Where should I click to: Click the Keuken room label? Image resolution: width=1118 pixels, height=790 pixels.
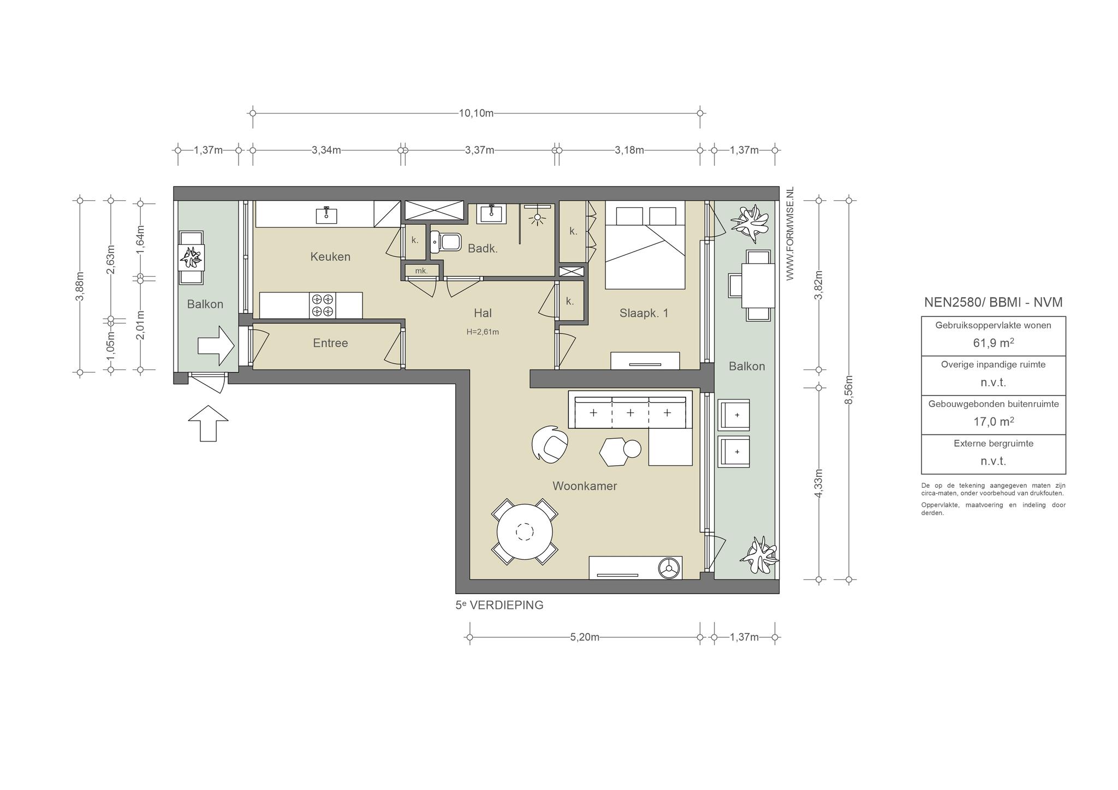(330, 256)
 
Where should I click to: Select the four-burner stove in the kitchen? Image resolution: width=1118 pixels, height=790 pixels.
(322, 306)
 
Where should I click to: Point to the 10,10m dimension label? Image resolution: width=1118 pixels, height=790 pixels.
(476, 113)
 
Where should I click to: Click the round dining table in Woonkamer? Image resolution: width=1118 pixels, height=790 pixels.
(525, 531)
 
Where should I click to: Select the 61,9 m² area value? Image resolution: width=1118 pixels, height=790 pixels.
(994, 343)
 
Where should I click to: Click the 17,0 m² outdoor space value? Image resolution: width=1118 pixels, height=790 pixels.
(994, 422)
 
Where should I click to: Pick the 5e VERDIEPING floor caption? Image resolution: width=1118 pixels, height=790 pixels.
(499, 605)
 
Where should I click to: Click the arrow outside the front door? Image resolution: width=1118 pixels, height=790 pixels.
(208, 423)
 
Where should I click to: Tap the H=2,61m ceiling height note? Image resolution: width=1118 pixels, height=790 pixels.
(483, 332)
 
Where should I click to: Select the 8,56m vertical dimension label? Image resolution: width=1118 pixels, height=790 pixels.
(849, 391)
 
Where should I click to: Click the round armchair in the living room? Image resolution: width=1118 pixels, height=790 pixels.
(550, 444)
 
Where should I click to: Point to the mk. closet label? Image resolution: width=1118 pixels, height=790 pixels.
(421, 271)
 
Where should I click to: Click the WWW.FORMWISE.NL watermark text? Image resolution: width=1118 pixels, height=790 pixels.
(790, 234)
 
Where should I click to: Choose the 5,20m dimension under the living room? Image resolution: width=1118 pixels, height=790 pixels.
(585, 637)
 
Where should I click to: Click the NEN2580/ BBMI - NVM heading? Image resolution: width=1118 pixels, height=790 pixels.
(994, 302)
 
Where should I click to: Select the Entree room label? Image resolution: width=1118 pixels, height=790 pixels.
(330, 343)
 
